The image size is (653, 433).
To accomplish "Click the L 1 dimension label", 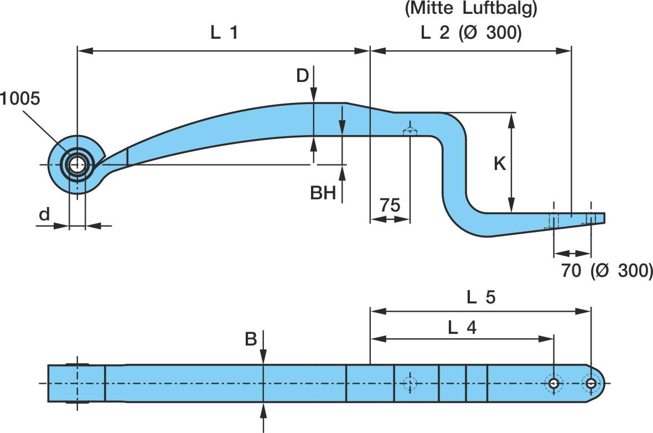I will pos(224,33).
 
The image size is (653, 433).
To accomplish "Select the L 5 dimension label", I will pos(480,298).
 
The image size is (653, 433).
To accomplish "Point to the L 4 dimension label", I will pos(462,328).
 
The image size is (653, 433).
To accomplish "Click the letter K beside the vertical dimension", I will pos(500,164).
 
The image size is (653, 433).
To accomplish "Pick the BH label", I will pos(323,193).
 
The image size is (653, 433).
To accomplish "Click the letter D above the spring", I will pos(302,75).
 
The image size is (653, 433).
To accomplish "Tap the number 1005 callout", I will pos(20,99).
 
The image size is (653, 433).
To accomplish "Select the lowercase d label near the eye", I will pos(44,215).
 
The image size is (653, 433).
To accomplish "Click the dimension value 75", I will pos(390,205).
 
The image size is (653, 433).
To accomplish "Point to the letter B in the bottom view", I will pos(251,339).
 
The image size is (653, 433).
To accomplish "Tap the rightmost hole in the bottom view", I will pos(591,383).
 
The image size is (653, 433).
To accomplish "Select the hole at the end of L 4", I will pos(553,383).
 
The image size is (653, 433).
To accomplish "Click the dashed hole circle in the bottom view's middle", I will pos(410,383).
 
